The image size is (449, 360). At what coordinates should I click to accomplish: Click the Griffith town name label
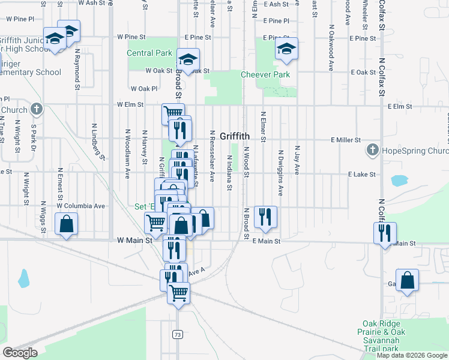coord(235,136)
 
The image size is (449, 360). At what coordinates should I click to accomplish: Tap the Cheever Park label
coord(265,74)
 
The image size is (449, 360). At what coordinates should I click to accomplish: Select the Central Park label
coord(149,53)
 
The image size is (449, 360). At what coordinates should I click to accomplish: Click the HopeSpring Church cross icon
coord(372,149)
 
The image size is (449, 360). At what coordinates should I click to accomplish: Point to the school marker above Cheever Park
coord(286,49)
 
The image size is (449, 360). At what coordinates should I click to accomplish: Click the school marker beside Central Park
coord(188,59)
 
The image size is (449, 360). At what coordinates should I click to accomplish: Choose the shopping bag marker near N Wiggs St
coord(66,224)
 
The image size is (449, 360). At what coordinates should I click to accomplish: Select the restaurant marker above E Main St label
coord(265,217)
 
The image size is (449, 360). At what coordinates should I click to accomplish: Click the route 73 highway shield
coord(176,334)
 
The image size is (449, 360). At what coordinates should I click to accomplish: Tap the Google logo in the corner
coord(19,353)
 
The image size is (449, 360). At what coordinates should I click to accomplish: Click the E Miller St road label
coord(345,139)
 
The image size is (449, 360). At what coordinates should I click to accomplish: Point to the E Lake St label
coord(361,174)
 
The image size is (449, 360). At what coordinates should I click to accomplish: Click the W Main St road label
coord(132,239)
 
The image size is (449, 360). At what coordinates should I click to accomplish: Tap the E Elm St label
coord(400,106)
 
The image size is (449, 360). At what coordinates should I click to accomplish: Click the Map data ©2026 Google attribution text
coord(412,355)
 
